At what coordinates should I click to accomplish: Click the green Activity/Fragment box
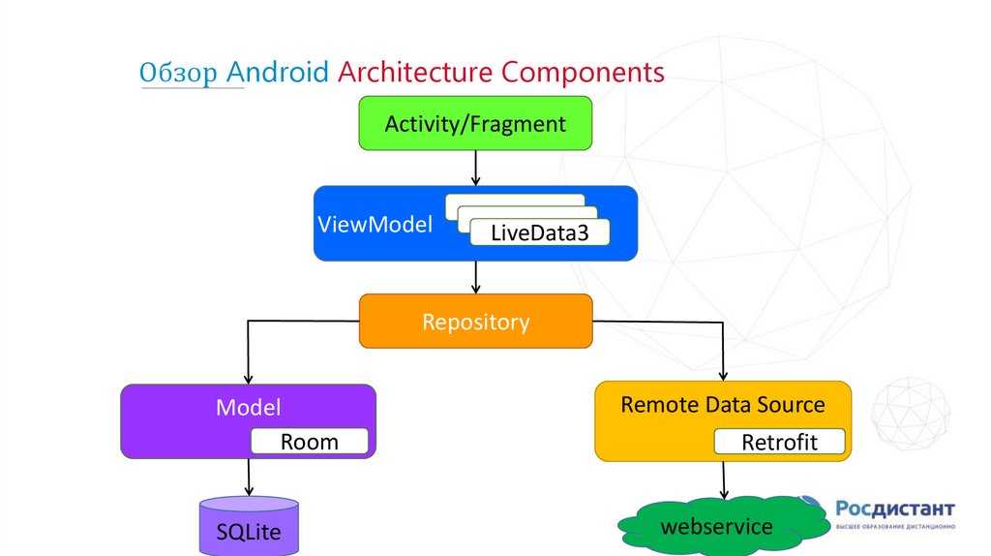(x=474, y=124)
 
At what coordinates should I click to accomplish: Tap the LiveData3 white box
(x=540, y=232)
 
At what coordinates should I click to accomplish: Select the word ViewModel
(x=375, y=225)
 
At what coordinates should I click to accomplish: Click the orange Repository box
(x=475, y=322)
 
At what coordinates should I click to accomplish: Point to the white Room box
(x=310, y=442)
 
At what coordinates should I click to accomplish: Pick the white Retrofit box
(x=779, y=443)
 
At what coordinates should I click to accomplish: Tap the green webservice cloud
(x=716, y=527)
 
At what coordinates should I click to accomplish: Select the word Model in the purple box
(x=248, y=407)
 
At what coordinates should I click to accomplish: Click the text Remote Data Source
(x=722, y=404)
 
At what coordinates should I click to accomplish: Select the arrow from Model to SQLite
(x=249, y=478)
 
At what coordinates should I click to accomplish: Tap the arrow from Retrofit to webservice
(x=723, y=479)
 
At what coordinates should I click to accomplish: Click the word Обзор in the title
(x=180, y=73)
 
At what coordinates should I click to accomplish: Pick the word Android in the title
(x=278, y=73)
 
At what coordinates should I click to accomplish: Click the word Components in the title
(x=584, y=73)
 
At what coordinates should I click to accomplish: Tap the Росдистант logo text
(x=895, y=510)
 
